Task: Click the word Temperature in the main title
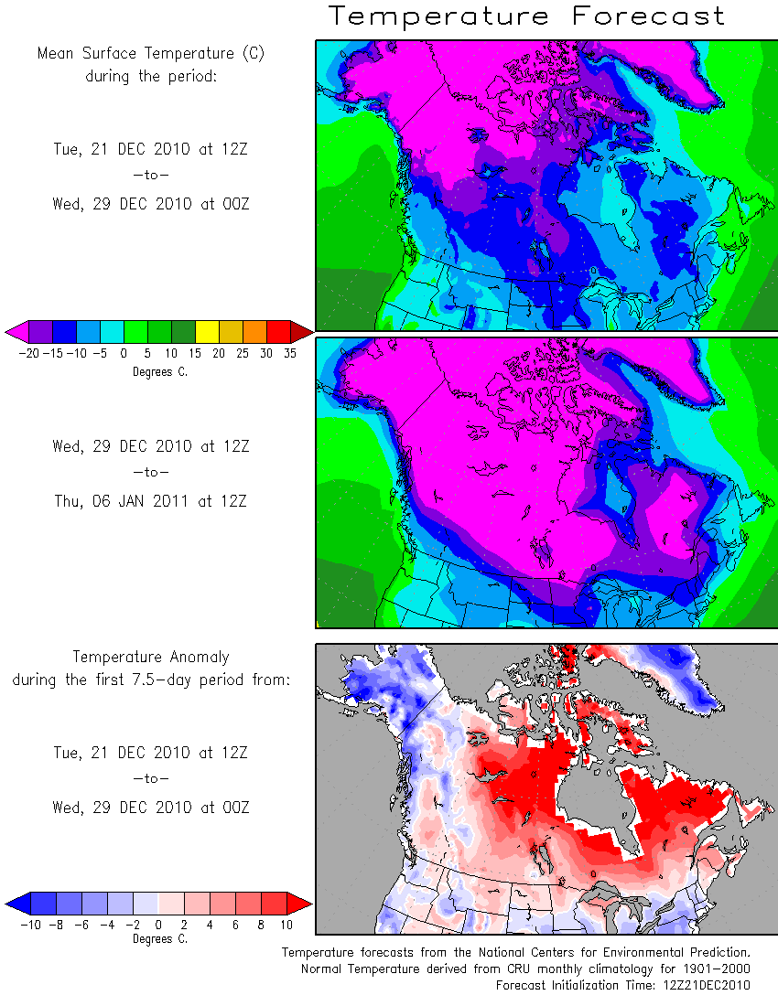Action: coord(439,16)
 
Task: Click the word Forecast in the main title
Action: coord(648,16)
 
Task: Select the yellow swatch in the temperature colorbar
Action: coord(207,332)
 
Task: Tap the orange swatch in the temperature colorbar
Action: coord(254,332)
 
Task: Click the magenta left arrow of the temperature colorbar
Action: coord(16,332)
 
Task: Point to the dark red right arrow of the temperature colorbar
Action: coord(302,332)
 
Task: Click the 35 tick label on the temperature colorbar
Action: coord(290,354)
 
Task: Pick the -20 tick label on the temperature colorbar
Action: coord(29,354)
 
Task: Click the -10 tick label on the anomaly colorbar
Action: coord(30,926)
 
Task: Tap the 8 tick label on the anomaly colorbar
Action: coord(261,926)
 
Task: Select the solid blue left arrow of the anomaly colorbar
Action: coord(18,904)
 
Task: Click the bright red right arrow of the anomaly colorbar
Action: coord(299,904)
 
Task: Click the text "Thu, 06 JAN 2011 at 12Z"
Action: coord(151,502)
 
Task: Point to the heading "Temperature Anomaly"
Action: coord(151,658)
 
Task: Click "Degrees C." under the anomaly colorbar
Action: coord(160,939)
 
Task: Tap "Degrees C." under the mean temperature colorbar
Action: coord(160,372)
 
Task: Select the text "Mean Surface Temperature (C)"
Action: coord(151,53)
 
